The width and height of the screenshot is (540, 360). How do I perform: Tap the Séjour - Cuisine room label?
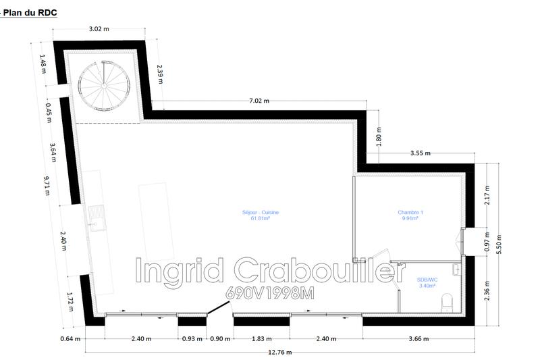tap(261, 215)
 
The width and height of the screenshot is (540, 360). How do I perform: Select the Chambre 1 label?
tap(410, 215)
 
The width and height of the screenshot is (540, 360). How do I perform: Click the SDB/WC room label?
tap(427, 282)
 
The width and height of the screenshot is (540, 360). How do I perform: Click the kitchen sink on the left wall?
tap(95, 220)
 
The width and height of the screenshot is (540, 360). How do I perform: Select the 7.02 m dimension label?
tap(259, 101)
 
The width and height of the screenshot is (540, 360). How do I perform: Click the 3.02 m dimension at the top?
tap(99, 29)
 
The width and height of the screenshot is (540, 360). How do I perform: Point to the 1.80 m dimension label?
tap(379, 137)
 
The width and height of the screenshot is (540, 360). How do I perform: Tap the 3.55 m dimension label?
tap(420, 153)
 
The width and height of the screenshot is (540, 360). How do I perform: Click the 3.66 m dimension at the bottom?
tap(418, 338)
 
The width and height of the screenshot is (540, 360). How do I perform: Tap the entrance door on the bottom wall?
tap(216, 309)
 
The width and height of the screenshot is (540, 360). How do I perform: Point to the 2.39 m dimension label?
tap(159, 72)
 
